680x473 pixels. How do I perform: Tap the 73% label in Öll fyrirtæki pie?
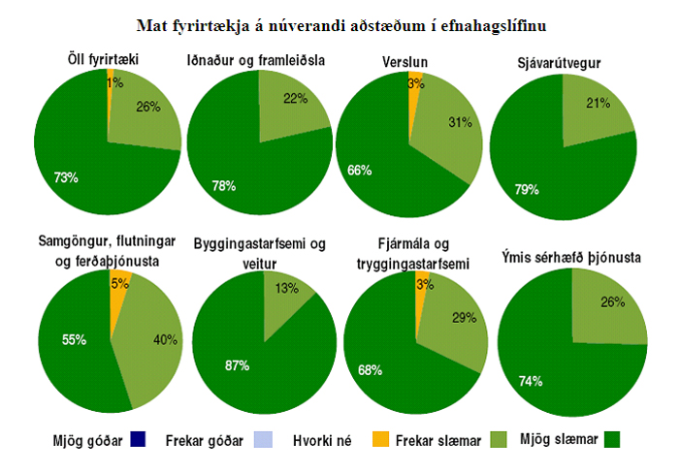click(x=66, y=177)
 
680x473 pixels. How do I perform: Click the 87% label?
click(x=237, y=365)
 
